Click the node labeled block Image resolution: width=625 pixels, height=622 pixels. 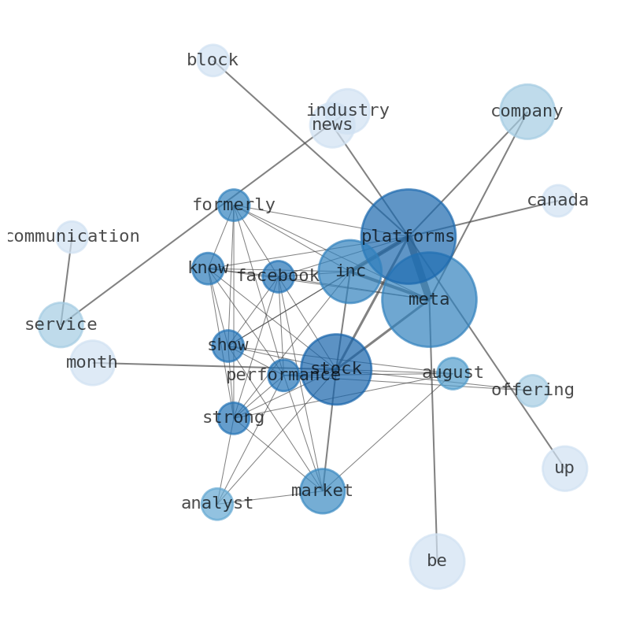213,60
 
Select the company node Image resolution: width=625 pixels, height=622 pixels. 527,112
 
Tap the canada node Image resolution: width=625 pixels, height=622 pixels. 557,201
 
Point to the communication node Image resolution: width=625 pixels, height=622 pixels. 72,237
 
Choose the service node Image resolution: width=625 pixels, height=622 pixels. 61,325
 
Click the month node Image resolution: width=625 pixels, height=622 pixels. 92,363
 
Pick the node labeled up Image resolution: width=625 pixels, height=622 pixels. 564,468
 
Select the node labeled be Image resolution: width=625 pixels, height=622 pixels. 437,561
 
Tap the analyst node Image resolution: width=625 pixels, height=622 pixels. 217,504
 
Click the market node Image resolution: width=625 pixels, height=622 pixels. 323,491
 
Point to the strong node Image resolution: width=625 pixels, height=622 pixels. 234,418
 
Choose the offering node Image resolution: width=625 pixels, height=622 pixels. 533,391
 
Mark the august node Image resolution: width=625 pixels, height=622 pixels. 453,374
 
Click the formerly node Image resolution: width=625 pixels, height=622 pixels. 234,205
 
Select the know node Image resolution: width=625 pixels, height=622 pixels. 208,268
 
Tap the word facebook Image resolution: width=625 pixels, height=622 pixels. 278,276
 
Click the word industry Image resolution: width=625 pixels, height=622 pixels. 348,110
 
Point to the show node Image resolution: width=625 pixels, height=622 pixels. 228,346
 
